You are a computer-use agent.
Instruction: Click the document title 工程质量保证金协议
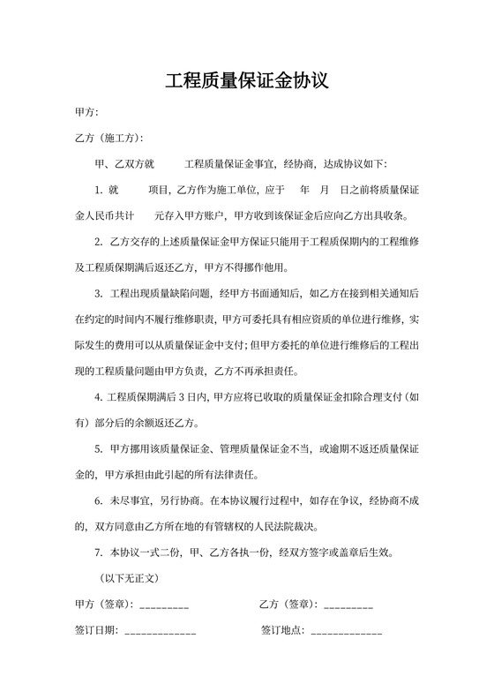[x=247, y=82]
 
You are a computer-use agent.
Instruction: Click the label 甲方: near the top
[x=86, y=113]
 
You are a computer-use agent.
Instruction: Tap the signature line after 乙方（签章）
[x=348, y=605]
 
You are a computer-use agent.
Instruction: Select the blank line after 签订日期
[x=161, y=632]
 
